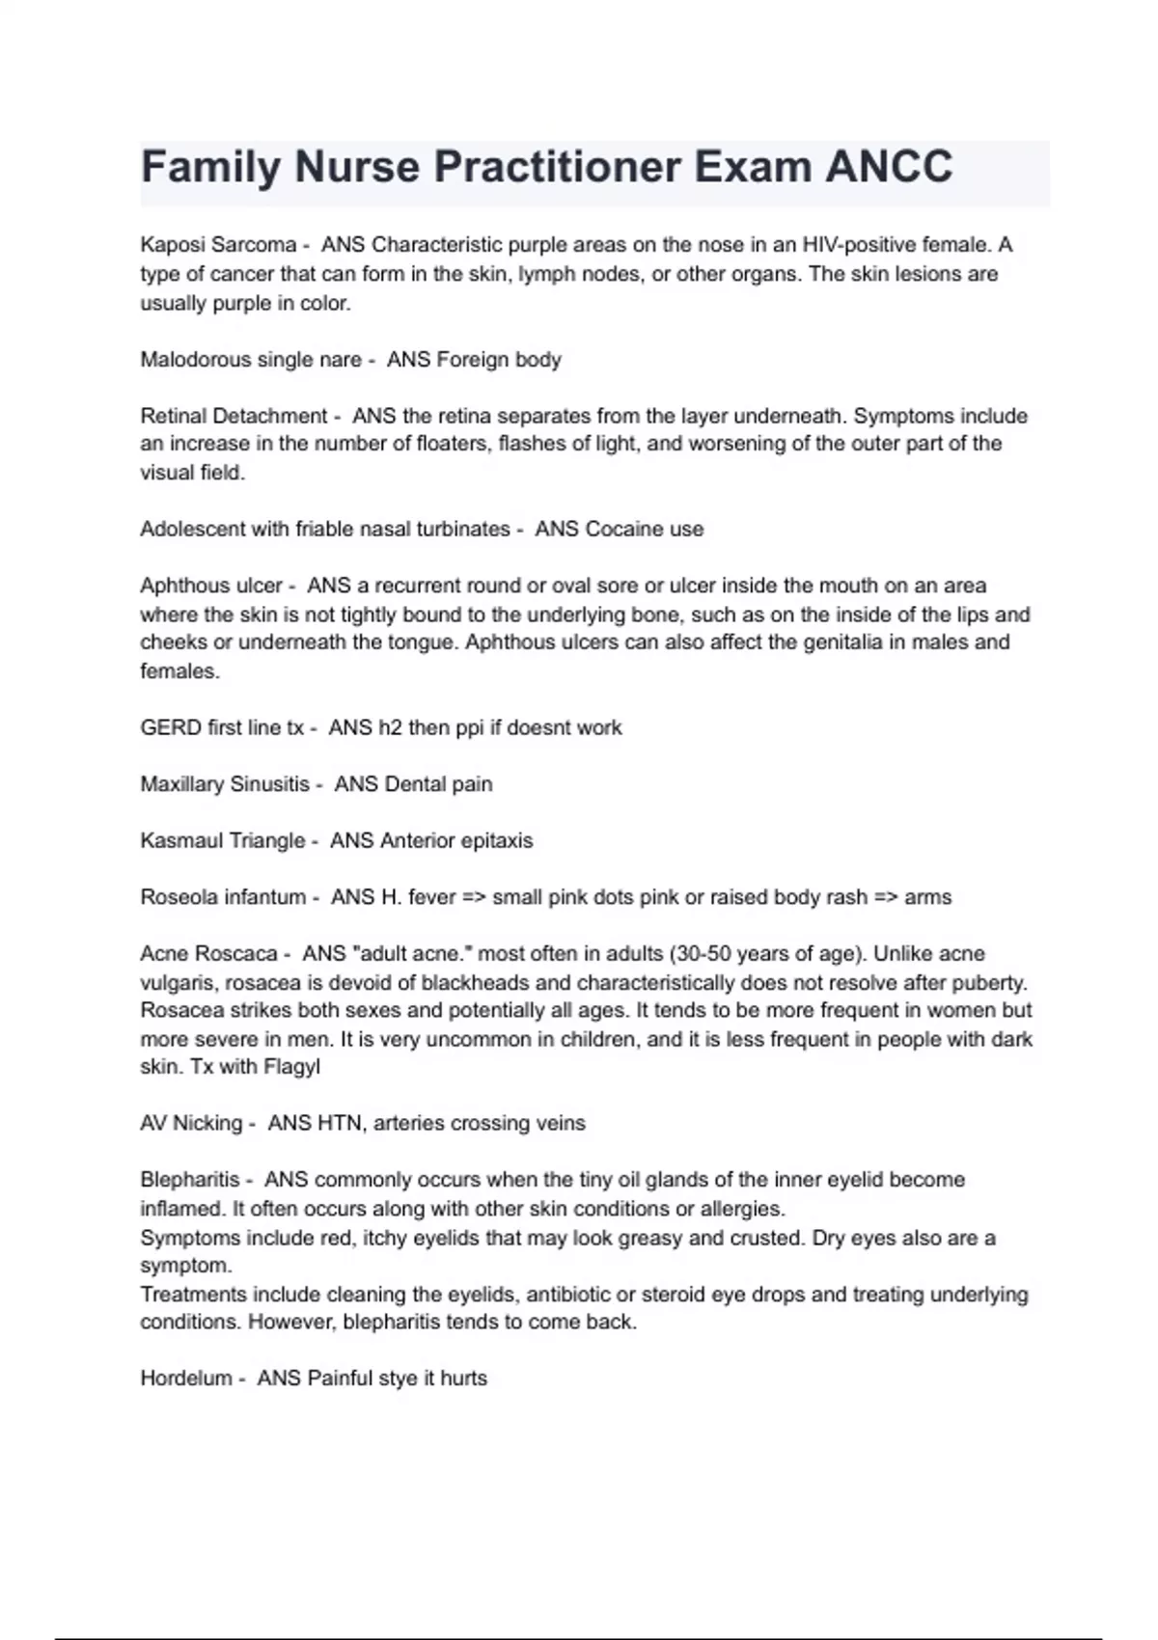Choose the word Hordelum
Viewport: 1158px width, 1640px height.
(186, 1379)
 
